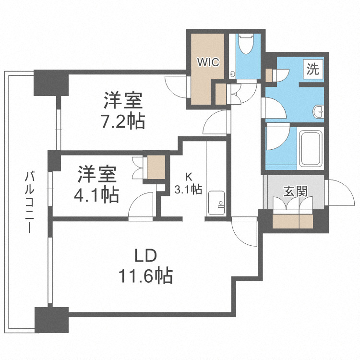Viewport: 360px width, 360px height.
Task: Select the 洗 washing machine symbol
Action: point(312,70)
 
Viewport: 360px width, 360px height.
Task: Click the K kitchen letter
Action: point(189,176)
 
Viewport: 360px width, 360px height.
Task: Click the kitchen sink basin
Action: point(217,201)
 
